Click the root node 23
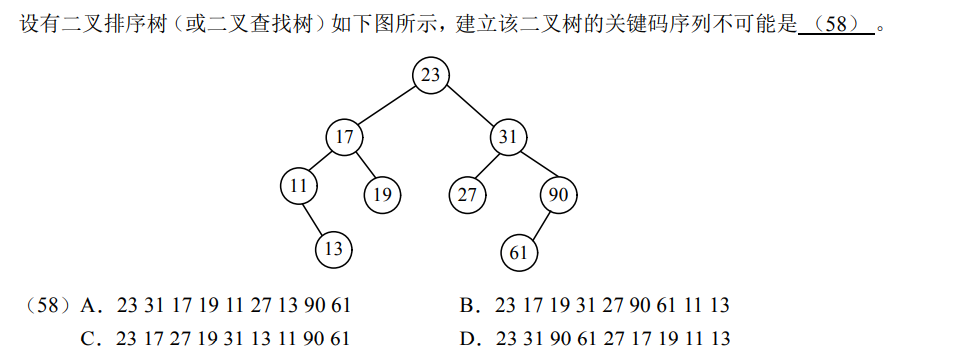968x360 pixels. tap(430, 76)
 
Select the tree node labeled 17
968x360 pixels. tap(344, 136)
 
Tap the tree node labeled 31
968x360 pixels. tap(508, 136)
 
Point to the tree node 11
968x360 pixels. tap(299, 186)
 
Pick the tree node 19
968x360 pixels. tap(381, 194)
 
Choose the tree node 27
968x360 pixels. tap(467, 194)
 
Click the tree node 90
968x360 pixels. tap(558, 194)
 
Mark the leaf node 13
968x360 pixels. tap(334, 248)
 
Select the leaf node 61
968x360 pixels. tap(518, 252)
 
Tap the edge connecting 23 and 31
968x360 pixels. tap(469, 106)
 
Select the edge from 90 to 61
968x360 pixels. tap(538, 224)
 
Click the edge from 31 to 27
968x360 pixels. tap(488, 165)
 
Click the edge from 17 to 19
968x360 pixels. tap(362, 165)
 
